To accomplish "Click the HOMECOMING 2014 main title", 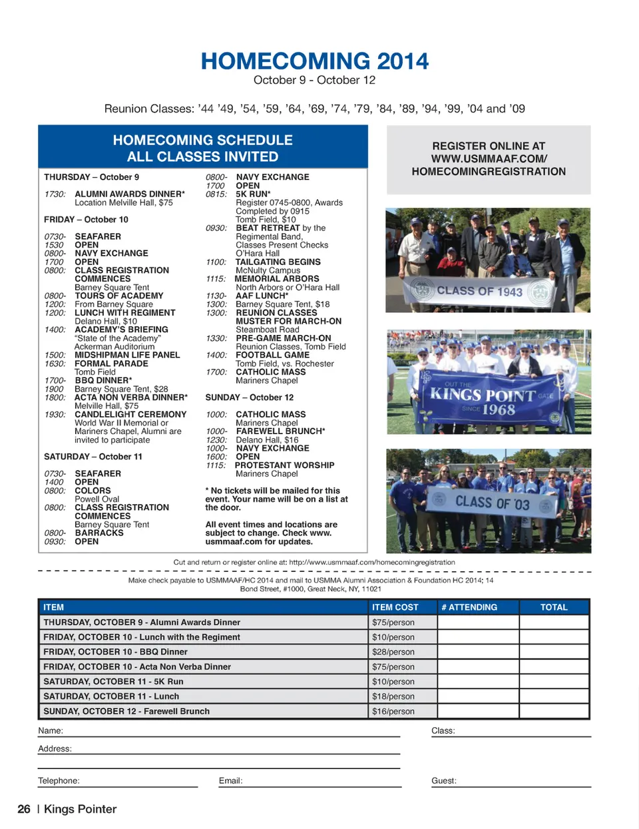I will (315, 61).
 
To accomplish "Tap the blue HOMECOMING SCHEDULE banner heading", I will (202, 148).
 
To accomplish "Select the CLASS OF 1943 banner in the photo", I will (479, 291).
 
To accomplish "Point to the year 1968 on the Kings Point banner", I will (499, 410).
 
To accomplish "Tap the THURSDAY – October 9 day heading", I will (91, 177).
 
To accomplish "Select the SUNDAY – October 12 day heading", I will (249, 398).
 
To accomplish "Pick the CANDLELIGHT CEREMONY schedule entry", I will (130, 414).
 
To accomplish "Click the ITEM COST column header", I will (395, 607).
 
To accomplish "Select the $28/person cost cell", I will (393, 652).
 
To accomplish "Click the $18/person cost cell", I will (393, 696).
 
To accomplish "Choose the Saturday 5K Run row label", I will (113, 681).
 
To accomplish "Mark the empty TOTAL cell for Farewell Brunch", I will (554, 711).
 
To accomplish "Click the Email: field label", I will (230, 780).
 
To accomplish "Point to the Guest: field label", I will (443, 780).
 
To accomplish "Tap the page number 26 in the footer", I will (24, 809).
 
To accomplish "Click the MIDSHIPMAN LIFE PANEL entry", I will (127, 355).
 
